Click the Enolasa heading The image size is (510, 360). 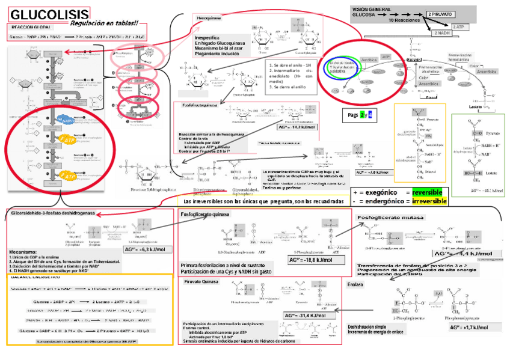point(355,285)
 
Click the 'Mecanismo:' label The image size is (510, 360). point(23,252)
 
